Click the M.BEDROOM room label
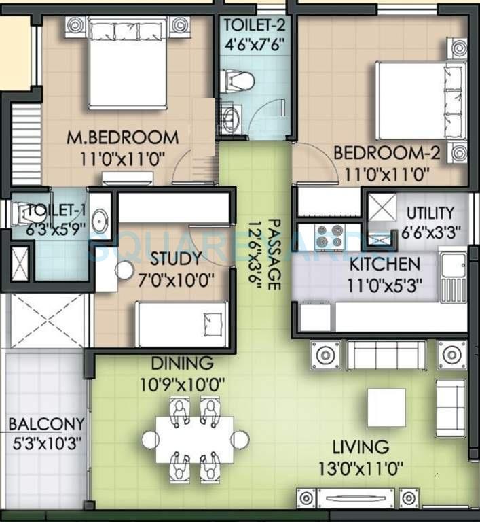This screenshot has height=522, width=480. [123, 137]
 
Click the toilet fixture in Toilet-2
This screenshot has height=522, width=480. [238, 82]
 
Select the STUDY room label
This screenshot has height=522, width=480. [176, 259]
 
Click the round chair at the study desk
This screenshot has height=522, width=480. [124, 270]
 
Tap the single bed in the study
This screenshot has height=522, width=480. [182, 324]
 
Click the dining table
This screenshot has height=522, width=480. [195, 440]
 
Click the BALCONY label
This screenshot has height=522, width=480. [46, 424]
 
